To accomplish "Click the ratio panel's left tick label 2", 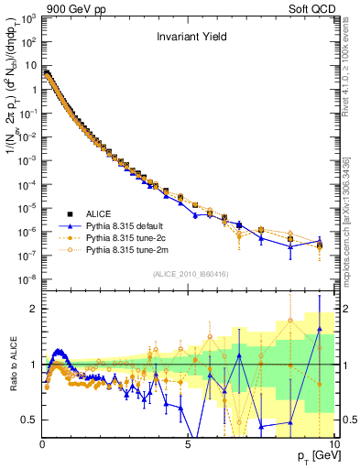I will [x=33, y=309].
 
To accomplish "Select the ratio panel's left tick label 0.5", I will [x=29, y=420].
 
